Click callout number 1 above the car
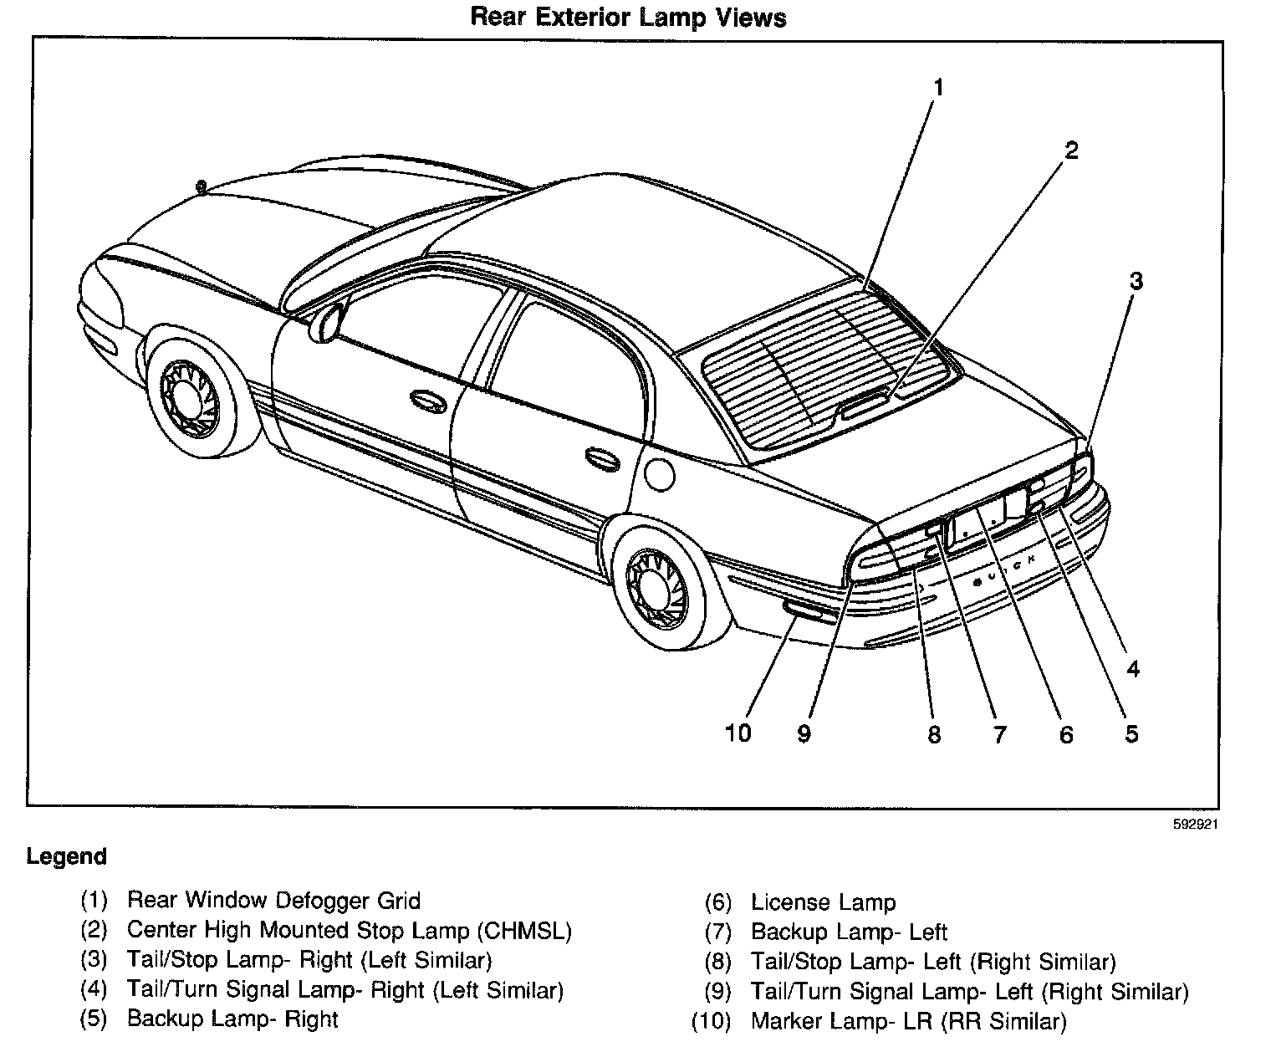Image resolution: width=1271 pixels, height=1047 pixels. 939,88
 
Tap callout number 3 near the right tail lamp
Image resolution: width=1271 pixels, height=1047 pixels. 1136,281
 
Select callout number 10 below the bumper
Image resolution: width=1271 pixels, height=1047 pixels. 738,733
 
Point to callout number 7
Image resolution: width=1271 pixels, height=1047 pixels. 999,734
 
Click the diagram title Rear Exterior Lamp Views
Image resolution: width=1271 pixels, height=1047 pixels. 628,18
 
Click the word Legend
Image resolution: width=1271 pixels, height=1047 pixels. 67,856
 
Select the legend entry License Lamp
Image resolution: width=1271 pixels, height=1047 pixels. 823,902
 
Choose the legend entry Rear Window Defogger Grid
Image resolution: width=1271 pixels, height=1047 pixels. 273,900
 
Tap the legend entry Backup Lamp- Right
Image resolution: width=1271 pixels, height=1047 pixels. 232,1019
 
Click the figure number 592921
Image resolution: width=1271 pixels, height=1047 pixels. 1194,823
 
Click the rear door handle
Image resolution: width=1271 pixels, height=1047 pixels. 600,456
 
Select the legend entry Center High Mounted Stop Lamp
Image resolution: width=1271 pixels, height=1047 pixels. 349,930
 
